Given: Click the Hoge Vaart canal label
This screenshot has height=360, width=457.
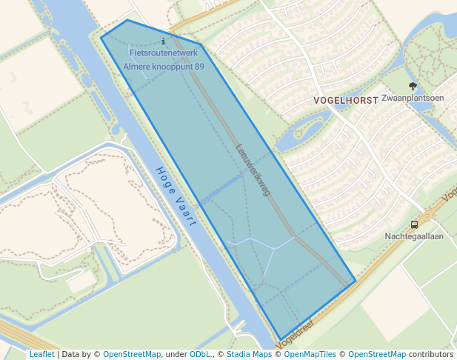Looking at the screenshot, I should pos(175,196).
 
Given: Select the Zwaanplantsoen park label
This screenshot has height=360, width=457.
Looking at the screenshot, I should pos(413,98).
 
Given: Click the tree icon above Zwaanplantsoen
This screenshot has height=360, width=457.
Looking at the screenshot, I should pos(413,86).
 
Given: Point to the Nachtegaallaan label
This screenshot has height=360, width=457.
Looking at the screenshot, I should pos(414,236).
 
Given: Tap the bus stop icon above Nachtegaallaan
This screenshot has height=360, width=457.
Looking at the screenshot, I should pos(414,224).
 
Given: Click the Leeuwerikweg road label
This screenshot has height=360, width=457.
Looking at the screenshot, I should pos(253,170).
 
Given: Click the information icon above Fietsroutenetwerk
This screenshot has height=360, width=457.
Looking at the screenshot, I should pos(163,41).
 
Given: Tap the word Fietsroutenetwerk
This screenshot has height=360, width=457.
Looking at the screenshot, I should pos(163,53).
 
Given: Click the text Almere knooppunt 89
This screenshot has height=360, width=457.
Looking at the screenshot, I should pos(163,67).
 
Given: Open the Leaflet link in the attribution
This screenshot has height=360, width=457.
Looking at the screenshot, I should pos(41,354).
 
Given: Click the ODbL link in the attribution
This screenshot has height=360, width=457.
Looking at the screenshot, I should pos(200,354).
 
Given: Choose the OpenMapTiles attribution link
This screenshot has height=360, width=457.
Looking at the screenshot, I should pos(310,354).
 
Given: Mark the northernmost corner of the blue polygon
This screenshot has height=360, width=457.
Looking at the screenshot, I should pos(127,20).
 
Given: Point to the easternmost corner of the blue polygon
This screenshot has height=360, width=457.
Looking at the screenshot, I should pos(356,281).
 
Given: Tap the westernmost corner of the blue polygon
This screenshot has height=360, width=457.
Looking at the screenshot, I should pos(101,36).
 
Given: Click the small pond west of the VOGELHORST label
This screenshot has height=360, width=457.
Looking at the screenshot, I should pos(300,135).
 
